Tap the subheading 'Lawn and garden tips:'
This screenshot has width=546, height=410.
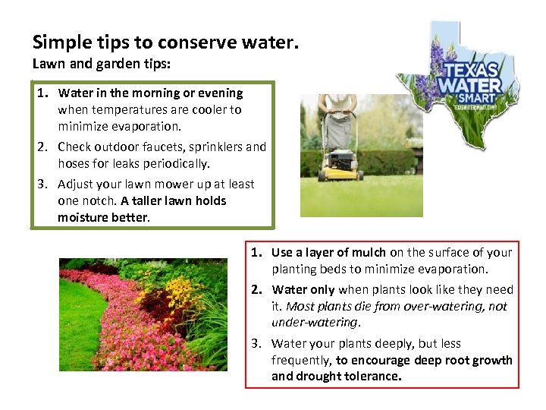pos(102,65)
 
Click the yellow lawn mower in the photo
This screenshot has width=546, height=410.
pos(341,163)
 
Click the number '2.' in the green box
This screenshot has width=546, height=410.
pos(44,147)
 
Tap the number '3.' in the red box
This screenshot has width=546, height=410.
pos(258,343)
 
